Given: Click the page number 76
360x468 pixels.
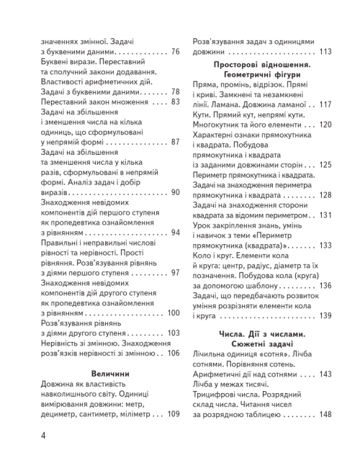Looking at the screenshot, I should click(174, 52).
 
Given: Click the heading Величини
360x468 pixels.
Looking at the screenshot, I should click(110, 374).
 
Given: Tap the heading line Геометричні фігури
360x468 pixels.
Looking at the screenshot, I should click(261, 75).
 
